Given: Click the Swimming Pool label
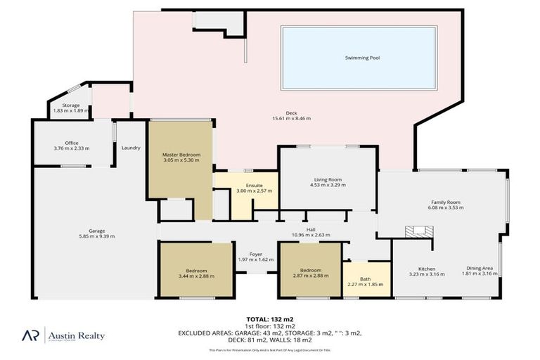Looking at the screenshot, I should click(x=362, y=58).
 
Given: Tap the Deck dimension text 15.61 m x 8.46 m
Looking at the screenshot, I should click(x=291, y=118).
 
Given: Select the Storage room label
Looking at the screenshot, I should click(x=70, y=105).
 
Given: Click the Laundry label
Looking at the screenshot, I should click(x=131, y=148).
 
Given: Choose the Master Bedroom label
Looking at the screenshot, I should click(x=181, y=154).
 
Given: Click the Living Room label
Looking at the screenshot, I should click(x=328, y=179).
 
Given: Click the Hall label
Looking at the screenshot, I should click(x=310, y=229).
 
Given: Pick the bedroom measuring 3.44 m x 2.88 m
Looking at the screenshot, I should click(x=196, y=273).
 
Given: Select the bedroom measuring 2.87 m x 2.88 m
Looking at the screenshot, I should click(x=311, y=273).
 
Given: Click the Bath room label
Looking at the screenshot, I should click(x=366, y=279).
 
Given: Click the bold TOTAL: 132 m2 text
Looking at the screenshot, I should click(x=270, y=319).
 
